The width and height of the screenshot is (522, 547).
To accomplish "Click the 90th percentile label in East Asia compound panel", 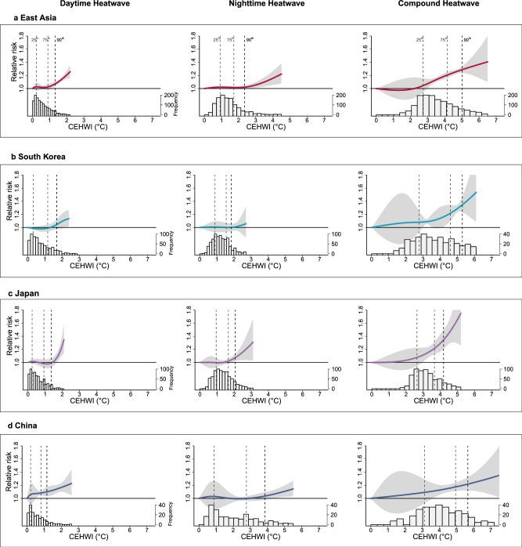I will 467,38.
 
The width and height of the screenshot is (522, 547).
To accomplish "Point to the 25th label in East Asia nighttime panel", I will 217,38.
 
